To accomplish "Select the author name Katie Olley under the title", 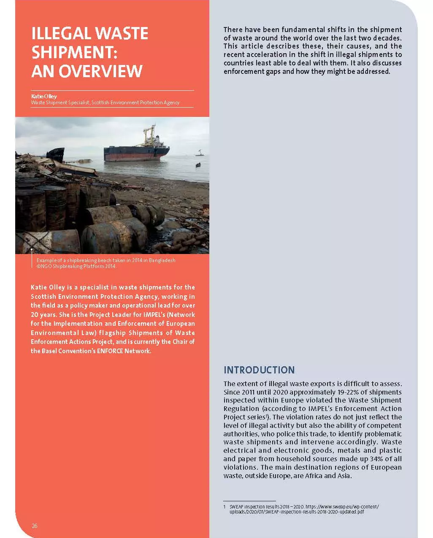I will (44, 96).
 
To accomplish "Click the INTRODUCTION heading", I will (259, 370).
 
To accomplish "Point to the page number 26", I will (35, 526).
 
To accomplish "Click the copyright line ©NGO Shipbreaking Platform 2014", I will (76, 266).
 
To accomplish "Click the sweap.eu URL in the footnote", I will (342, 507).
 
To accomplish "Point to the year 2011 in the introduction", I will (248, 392).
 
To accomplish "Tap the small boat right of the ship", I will (198, 165).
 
